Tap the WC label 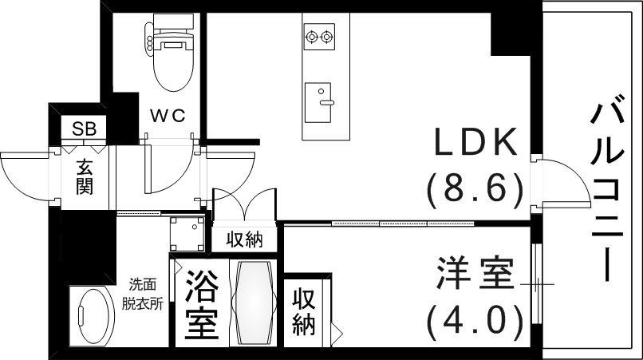(x=168, y=116)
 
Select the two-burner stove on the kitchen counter (x=321, y=36)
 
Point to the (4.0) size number (x=475, y=321)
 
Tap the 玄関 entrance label (x=85, y=177)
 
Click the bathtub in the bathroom (x=254, y=302)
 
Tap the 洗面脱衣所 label (x=144, y=294)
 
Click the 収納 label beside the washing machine (x=244, y=239)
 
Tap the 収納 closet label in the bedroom (x=303, y=312)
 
